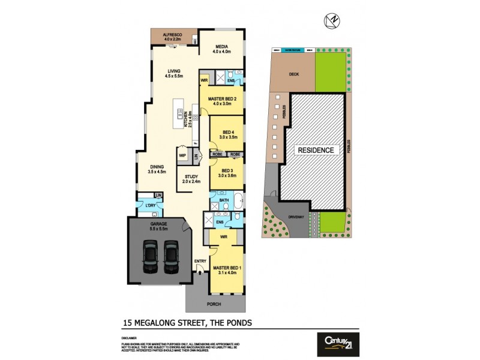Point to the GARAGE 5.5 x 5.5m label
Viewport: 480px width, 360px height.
click(x=159, y=226)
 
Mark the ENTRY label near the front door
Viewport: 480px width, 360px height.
click(x=200, y=261)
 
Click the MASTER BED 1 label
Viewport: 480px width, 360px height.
click(x=229, y=269)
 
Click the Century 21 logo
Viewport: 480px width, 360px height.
click(x=338, y=344)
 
